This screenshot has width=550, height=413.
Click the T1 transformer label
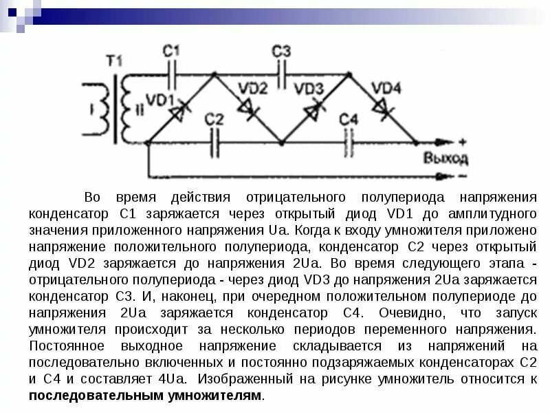(127, 59)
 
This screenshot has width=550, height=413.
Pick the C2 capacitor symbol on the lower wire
(215, 143)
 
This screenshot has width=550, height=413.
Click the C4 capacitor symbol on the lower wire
(349, 143)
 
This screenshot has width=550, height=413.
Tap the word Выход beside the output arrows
(445, 158)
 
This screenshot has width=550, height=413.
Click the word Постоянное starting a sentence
(65, 346)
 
